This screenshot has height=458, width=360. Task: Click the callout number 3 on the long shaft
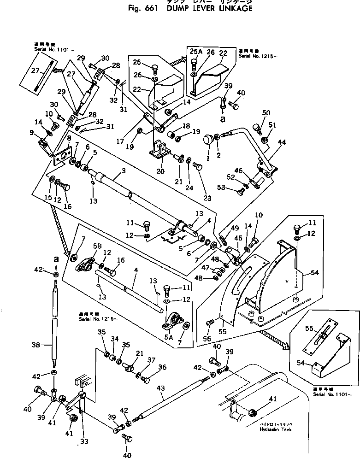pos(124,171)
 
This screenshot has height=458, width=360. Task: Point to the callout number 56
pos(208,339)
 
